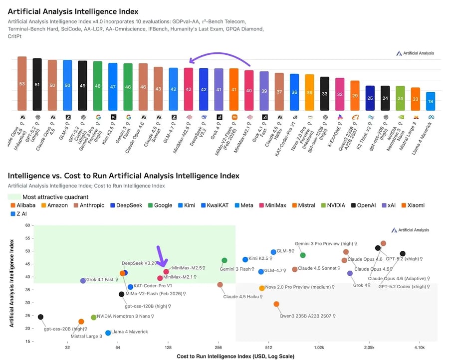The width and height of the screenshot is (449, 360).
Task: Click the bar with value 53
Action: [x=22, y=84]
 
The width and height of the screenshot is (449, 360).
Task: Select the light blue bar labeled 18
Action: [x=430, y=101]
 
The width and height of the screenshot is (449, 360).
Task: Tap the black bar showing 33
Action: [x=325, y=94]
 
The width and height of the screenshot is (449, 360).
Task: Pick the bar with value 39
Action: [x=264, y=91]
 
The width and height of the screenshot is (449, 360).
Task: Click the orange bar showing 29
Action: [x=355, y=96]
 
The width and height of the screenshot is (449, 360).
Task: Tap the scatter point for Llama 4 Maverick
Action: [x=108, y=333]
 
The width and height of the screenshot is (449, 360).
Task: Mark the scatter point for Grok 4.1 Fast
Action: [x=83, y=281]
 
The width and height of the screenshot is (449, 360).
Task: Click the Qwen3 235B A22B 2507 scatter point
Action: [x=276, y=304]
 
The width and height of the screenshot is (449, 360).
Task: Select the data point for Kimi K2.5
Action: [x=245, y=259]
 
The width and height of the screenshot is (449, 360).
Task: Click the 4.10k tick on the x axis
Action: [x=419, y=347]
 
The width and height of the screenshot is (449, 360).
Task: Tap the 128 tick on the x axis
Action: [x=168, y=347]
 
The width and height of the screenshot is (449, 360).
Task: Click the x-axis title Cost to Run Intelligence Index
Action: [x=235, y=356]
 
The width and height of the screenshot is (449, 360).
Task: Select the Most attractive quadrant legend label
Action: [x=55, y=197]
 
